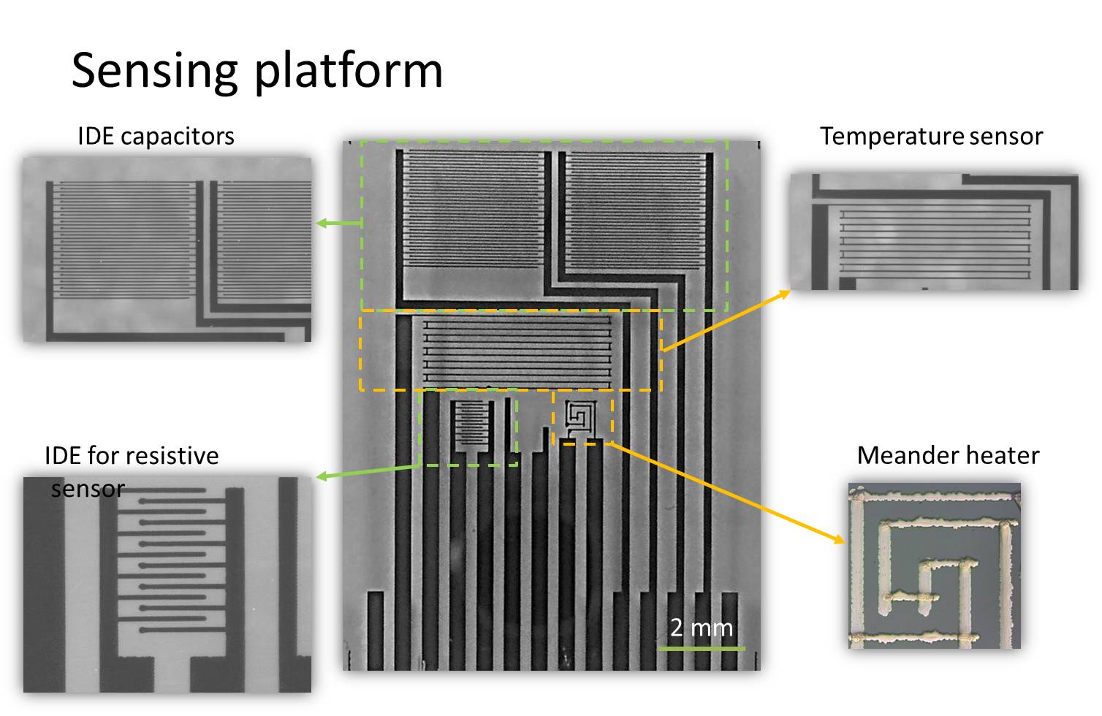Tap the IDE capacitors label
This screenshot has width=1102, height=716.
click(156, 136)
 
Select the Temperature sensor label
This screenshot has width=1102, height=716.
click(931, 136)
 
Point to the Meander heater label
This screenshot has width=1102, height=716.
click(948, 455)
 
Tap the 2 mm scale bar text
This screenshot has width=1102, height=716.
click(701, 627)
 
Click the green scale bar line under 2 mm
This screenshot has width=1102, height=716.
click(701, 647)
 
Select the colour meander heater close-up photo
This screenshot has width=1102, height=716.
click(934, 565)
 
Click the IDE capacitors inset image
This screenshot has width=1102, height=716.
click(167, 249)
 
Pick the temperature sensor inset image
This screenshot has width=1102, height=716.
click(934, 232)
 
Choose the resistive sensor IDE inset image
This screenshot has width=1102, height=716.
click(167, 584)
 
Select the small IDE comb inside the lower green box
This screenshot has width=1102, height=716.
click(471, 425)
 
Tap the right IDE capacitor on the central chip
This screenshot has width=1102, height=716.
click(636, 210)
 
